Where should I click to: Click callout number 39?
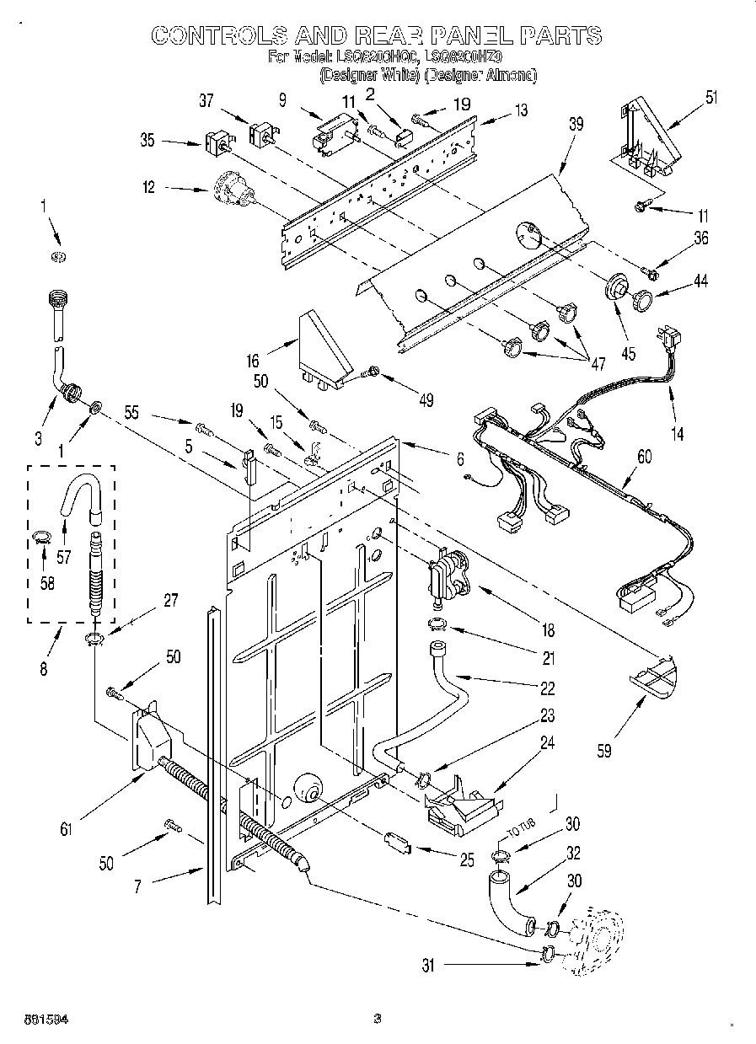(x=576, y=124)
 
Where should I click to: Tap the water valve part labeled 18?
(x=446, y=576)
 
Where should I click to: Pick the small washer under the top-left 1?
(x=59, y=256)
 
